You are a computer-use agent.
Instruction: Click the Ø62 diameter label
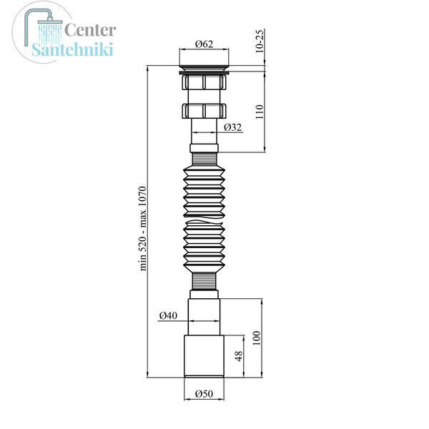(204, 44)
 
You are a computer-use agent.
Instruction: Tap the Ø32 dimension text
(233, 127)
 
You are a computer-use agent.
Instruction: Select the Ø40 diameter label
(168, 315)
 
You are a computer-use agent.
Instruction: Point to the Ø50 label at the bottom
(204, 394)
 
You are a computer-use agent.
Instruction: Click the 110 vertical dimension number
(260, 112)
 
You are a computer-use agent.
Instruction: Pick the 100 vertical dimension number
(257, 338)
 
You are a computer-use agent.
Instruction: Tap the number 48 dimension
(239, 356)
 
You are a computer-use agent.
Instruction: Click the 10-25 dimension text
(260, 41)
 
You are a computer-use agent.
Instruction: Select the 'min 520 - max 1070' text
(143, 229)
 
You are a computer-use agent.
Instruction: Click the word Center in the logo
(90, 30)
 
